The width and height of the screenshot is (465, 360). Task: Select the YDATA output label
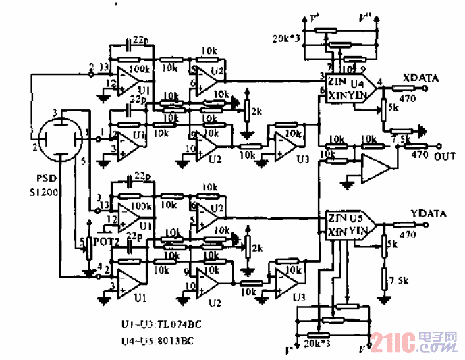[429, 214]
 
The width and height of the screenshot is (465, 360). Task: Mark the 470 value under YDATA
[407, 236]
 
